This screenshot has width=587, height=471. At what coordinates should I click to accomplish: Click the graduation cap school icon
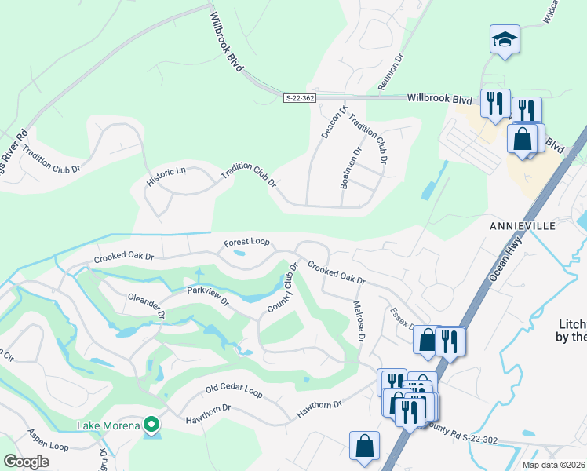[505, 39]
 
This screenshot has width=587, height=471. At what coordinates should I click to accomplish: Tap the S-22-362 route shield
[299, 97]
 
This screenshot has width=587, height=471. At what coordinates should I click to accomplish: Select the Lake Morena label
[108, 425]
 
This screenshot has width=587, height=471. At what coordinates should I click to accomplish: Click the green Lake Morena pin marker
[152, 426]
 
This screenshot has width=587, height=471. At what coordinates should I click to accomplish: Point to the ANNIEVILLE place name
[523, 225]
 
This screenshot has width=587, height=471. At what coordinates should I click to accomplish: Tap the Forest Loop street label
[246, 243]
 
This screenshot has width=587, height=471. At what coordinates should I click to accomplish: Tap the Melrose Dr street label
[359, 323]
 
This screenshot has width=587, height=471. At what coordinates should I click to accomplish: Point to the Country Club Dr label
[283, 287]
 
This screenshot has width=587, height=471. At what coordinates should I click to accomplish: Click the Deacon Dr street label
[330, 122]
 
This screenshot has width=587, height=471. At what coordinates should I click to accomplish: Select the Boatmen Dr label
[350, 168]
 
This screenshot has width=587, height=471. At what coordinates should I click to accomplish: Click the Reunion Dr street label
[388, 71]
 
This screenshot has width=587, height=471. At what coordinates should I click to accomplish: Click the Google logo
[26, 462]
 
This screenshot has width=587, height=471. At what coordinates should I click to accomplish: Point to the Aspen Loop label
[48, 444]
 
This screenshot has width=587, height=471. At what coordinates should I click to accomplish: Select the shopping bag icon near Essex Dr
[426, 340]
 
